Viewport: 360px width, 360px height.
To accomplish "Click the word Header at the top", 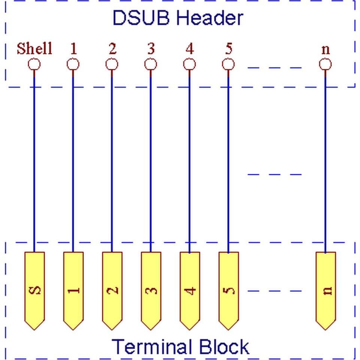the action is pyautogui.click(x=210, y=18).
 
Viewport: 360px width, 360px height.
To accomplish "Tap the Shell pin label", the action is pyautogui.click(x=34, y=48).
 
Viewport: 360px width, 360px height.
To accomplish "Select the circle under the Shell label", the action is pyautogui.click(x=34, y=64).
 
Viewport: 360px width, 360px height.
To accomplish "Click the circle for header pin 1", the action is pyautogui.click(x=73, y=64).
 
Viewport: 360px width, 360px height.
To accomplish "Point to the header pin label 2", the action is pyautogui.click(x=112, y=49).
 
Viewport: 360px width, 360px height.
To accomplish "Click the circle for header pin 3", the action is pyautogui.click(x=151, y=64).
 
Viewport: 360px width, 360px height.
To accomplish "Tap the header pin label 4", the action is pyautogui.click(x=190, y=49).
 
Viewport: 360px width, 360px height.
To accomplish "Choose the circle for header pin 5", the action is pyautogui.click(x=228, y=64).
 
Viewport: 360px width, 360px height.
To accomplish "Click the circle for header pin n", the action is pyautogui.click(x=325, y=64).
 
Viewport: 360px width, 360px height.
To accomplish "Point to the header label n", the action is pyautogui.click(x=326, y=50).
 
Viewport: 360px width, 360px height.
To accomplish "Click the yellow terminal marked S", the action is pyautogui.click(x=34, y=291).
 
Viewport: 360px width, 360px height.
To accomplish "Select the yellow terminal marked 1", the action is pyautogui.click(x=73, y=291).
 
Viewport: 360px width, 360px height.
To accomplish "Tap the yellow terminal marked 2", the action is pyautogui.click(x=112, y=291).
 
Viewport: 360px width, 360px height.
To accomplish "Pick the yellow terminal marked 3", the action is pyautogui.click(x=151, y=291).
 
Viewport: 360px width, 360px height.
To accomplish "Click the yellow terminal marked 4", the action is pyautogui.click(x=190, y=291).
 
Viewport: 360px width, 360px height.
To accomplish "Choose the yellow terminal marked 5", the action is pyautogui.click(x=229, y=291).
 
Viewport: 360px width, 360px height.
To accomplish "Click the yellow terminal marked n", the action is pyautogui.click(x=326, y=291).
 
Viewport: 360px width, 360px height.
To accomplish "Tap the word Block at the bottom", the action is pyautogui.click(x=224, y=347).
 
